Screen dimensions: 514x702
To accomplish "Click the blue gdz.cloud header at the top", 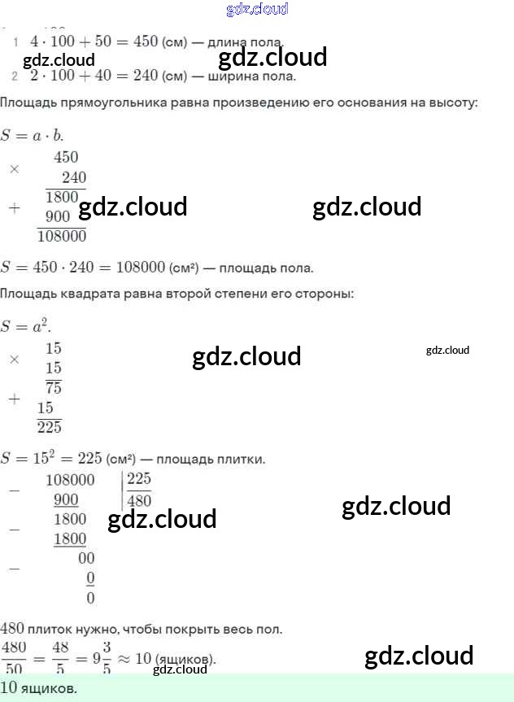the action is [x=256, y=10].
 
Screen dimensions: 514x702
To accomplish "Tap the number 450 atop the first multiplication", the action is [x=66, y=158].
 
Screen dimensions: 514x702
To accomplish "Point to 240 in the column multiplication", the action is [x=73, y=177].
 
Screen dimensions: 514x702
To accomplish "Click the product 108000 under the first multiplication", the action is [x=62, y=237].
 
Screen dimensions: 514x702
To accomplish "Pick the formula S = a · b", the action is [x=32, y=136].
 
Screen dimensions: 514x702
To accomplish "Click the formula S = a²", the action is [x=24, y=327].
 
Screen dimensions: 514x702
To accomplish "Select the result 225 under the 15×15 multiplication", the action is [x=49, y=427].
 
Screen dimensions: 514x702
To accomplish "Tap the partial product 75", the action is [x=54, y=387].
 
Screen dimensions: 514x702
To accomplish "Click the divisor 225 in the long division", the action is [x=139, y=479].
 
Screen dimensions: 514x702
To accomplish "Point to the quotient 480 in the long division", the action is [x=139, y=500].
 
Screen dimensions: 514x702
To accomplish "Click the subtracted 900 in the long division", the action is [x=66, y=499].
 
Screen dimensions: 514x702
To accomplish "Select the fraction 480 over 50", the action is [x=13, y=657].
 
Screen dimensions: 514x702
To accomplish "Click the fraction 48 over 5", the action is [x=59, y=657].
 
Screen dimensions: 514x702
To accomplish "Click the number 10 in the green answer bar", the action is [x=9, y=689].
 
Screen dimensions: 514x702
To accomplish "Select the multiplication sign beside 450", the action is [x=14, y=168].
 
